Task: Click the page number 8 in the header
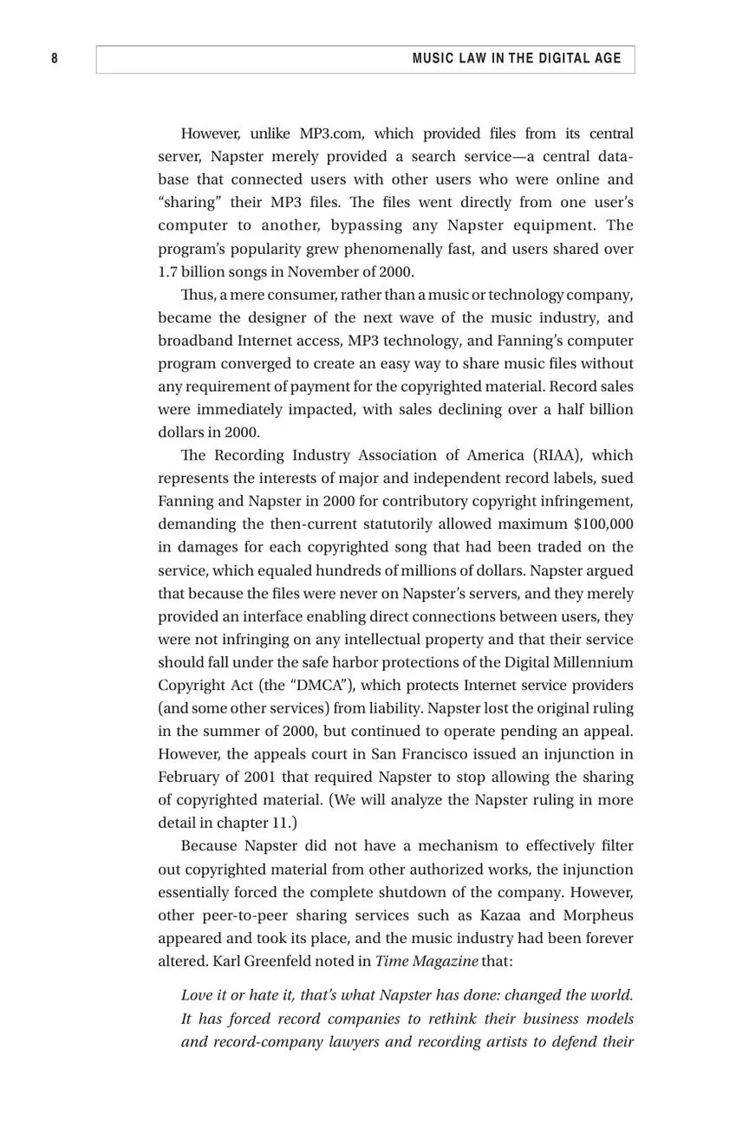click(x=55, y=58)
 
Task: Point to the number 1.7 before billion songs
click(x=167, y=271)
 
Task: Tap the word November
click(x=324, y=271)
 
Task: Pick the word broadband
click(x=195, y=341)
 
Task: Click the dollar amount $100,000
click(x=603, y=524)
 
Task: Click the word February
click(x=189, y=777)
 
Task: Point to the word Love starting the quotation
click(x=197, y=995)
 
